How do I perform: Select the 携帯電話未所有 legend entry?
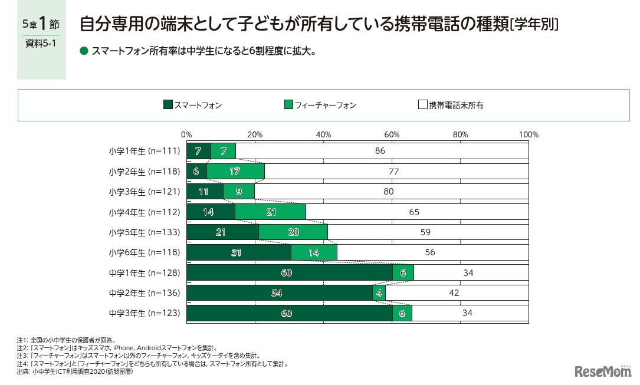[x=451, y=106]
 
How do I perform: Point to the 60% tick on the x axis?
[x=392, y=134]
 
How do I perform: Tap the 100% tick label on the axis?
[x=529, y=134]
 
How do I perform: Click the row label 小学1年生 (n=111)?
[x=144, y=151]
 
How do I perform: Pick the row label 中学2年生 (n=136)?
[x=144, y=293]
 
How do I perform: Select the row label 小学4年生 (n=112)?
[x=144, y=212]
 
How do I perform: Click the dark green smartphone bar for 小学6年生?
[x=239, y=252]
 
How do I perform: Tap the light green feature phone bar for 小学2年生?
[x=235, y=172]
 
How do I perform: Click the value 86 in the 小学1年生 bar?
[x=380, y=151]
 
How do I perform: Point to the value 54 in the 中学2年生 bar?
[x=279, y=293]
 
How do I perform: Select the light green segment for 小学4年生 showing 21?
[x=270, y=212]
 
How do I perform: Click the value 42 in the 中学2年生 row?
[x=454, y=293]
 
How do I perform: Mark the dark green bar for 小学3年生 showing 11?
[x=205, y=192]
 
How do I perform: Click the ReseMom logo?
[x=602, y=371]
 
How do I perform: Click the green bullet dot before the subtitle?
[x=83, y=51]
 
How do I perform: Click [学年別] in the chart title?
[x=535, y=24]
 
